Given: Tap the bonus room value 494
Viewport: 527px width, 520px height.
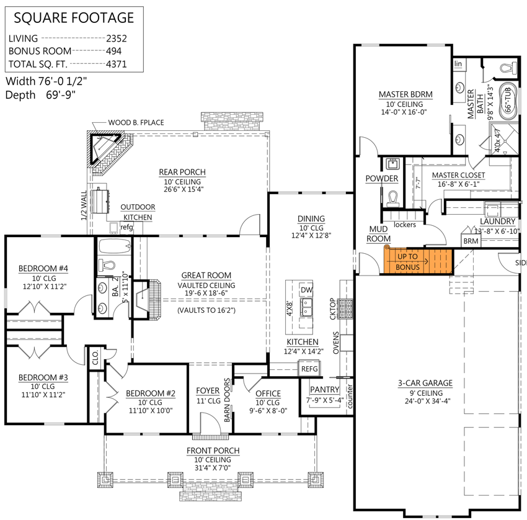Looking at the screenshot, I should (113, 52).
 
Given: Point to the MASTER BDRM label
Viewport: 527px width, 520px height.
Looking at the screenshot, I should (405, 94).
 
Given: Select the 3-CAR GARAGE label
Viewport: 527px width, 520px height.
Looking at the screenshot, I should (425, 383).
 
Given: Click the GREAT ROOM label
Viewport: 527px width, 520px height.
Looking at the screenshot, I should (206, 275).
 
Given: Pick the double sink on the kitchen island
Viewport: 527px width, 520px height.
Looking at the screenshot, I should (306, 307).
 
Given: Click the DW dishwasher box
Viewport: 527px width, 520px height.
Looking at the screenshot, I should (306, 290).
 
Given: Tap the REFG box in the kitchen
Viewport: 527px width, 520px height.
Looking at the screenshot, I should (309, 369).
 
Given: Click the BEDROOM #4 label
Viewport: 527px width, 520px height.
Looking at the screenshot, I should (43, 268).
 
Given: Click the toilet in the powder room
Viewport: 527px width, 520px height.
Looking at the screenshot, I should (392, 198).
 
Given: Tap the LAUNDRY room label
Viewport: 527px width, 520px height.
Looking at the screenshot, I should (497, 222).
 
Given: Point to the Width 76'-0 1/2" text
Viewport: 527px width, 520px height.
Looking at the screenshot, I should (46, 81).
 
